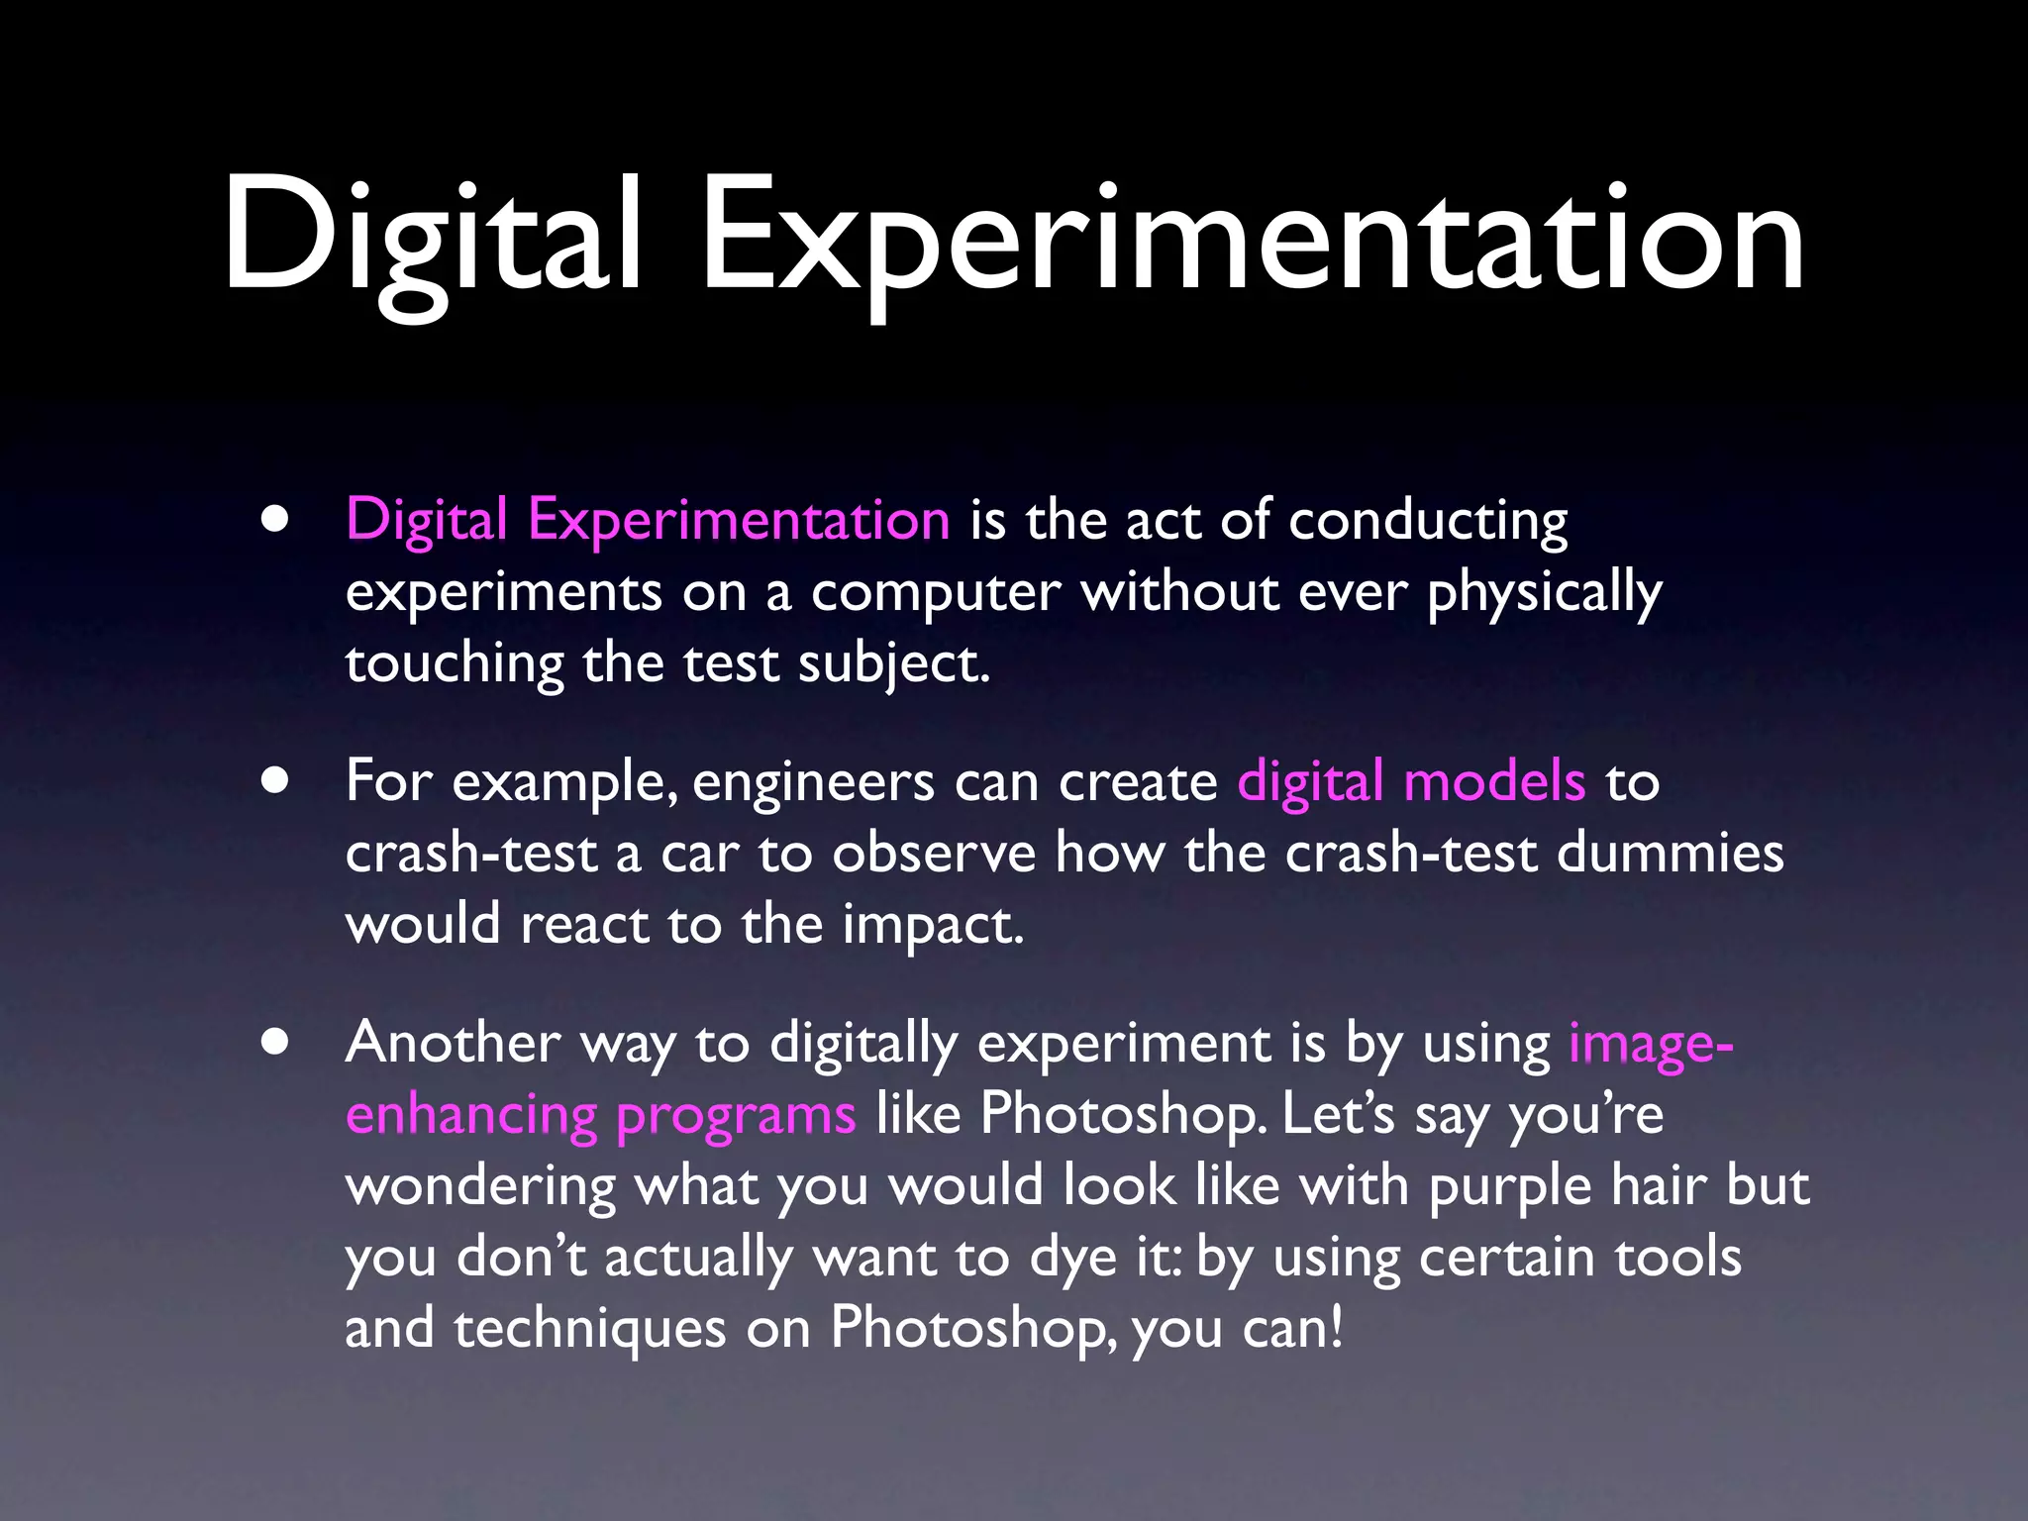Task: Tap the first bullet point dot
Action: coord(276,519)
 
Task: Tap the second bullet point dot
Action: coord(276,780)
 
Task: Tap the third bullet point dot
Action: coord(276,1042)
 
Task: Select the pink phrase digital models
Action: coord(1411,782)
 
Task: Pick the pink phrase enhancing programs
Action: coord(600,1115)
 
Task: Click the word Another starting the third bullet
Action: coord(453,1044)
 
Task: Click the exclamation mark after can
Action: coord(1338,1329)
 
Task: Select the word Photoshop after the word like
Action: coord(1122,1115)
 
